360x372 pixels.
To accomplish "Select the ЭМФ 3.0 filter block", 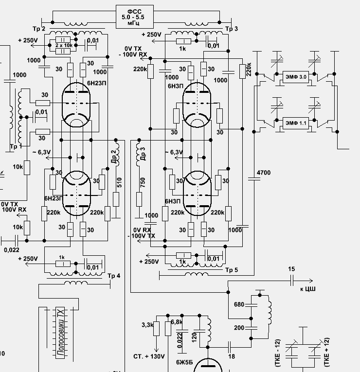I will [x=295, y=77].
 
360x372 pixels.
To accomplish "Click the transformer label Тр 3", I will [x=232, y=29].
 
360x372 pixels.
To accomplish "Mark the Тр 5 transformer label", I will [x=231, y=270].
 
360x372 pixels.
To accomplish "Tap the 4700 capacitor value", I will [x=263, y=173].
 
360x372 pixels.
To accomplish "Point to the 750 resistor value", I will [x=143, y=181].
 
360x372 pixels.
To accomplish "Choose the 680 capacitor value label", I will [x=239, y=305].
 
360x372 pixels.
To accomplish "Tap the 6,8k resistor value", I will [x=177, y=322].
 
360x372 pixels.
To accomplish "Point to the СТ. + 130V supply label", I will [x=149, y=356].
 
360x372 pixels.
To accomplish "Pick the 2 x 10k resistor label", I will [x=64, y=45].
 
